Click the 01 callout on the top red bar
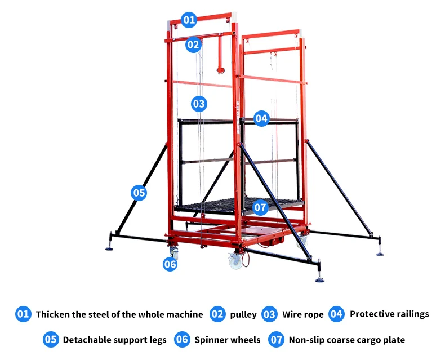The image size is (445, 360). coord(189,20)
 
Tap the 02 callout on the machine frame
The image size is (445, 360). coord(193,45)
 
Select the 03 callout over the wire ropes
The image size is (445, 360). coord(199,104)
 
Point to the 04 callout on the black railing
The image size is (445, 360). coord(261,118)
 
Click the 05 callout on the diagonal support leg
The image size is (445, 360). coord(139,193)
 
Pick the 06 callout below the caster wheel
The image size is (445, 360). coord(170,264)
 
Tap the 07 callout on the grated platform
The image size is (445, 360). coord(260,207)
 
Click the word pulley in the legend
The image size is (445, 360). coord(243,314)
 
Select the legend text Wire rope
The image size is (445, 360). coord(303,314)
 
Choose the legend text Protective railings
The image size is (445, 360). coord(389,314)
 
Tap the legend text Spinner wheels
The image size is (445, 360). coord(228,340)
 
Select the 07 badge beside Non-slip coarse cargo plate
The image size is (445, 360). coord(276,340)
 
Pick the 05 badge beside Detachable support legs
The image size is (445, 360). coord(51,339)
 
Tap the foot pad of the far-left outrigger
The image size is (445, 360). coord(109,249)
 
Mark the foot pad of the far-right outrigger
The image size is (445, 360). coord(380,254)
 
